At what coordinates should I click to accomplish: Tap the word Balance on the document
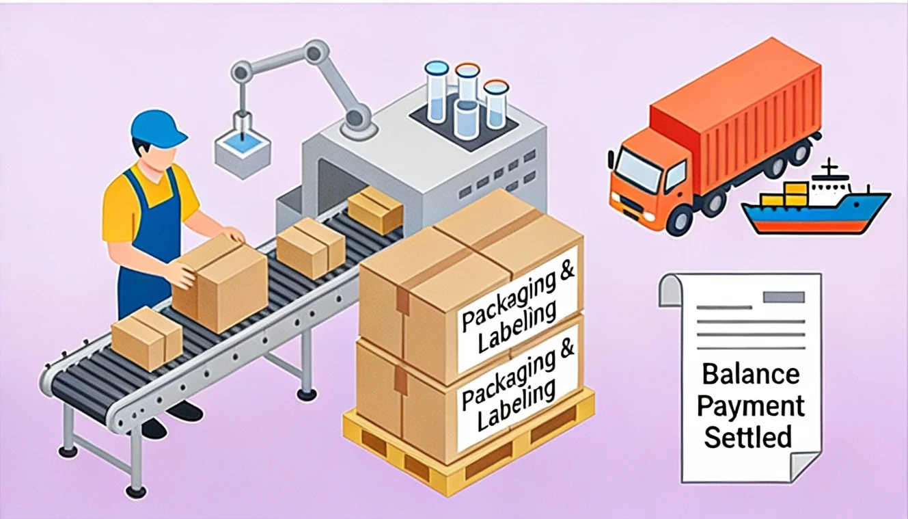(x=751, y=374)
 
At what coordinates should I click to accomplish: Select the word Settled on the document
(x=748, y=437)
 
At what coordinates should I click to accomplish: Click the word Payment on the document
(x=751, y=406)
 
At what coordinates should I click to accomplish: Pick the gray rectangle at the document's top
(x=784, y=297)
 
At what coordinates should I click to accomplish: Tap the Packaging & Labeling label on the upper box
(x=517, y=309)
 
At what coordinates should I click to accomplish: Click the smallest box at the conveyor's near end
(x=146, y=339)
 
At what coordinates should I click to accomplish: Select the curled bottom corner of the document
(x=803, y=466)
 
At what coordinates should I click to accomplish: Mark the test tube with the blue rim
(x=437, y=92)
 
